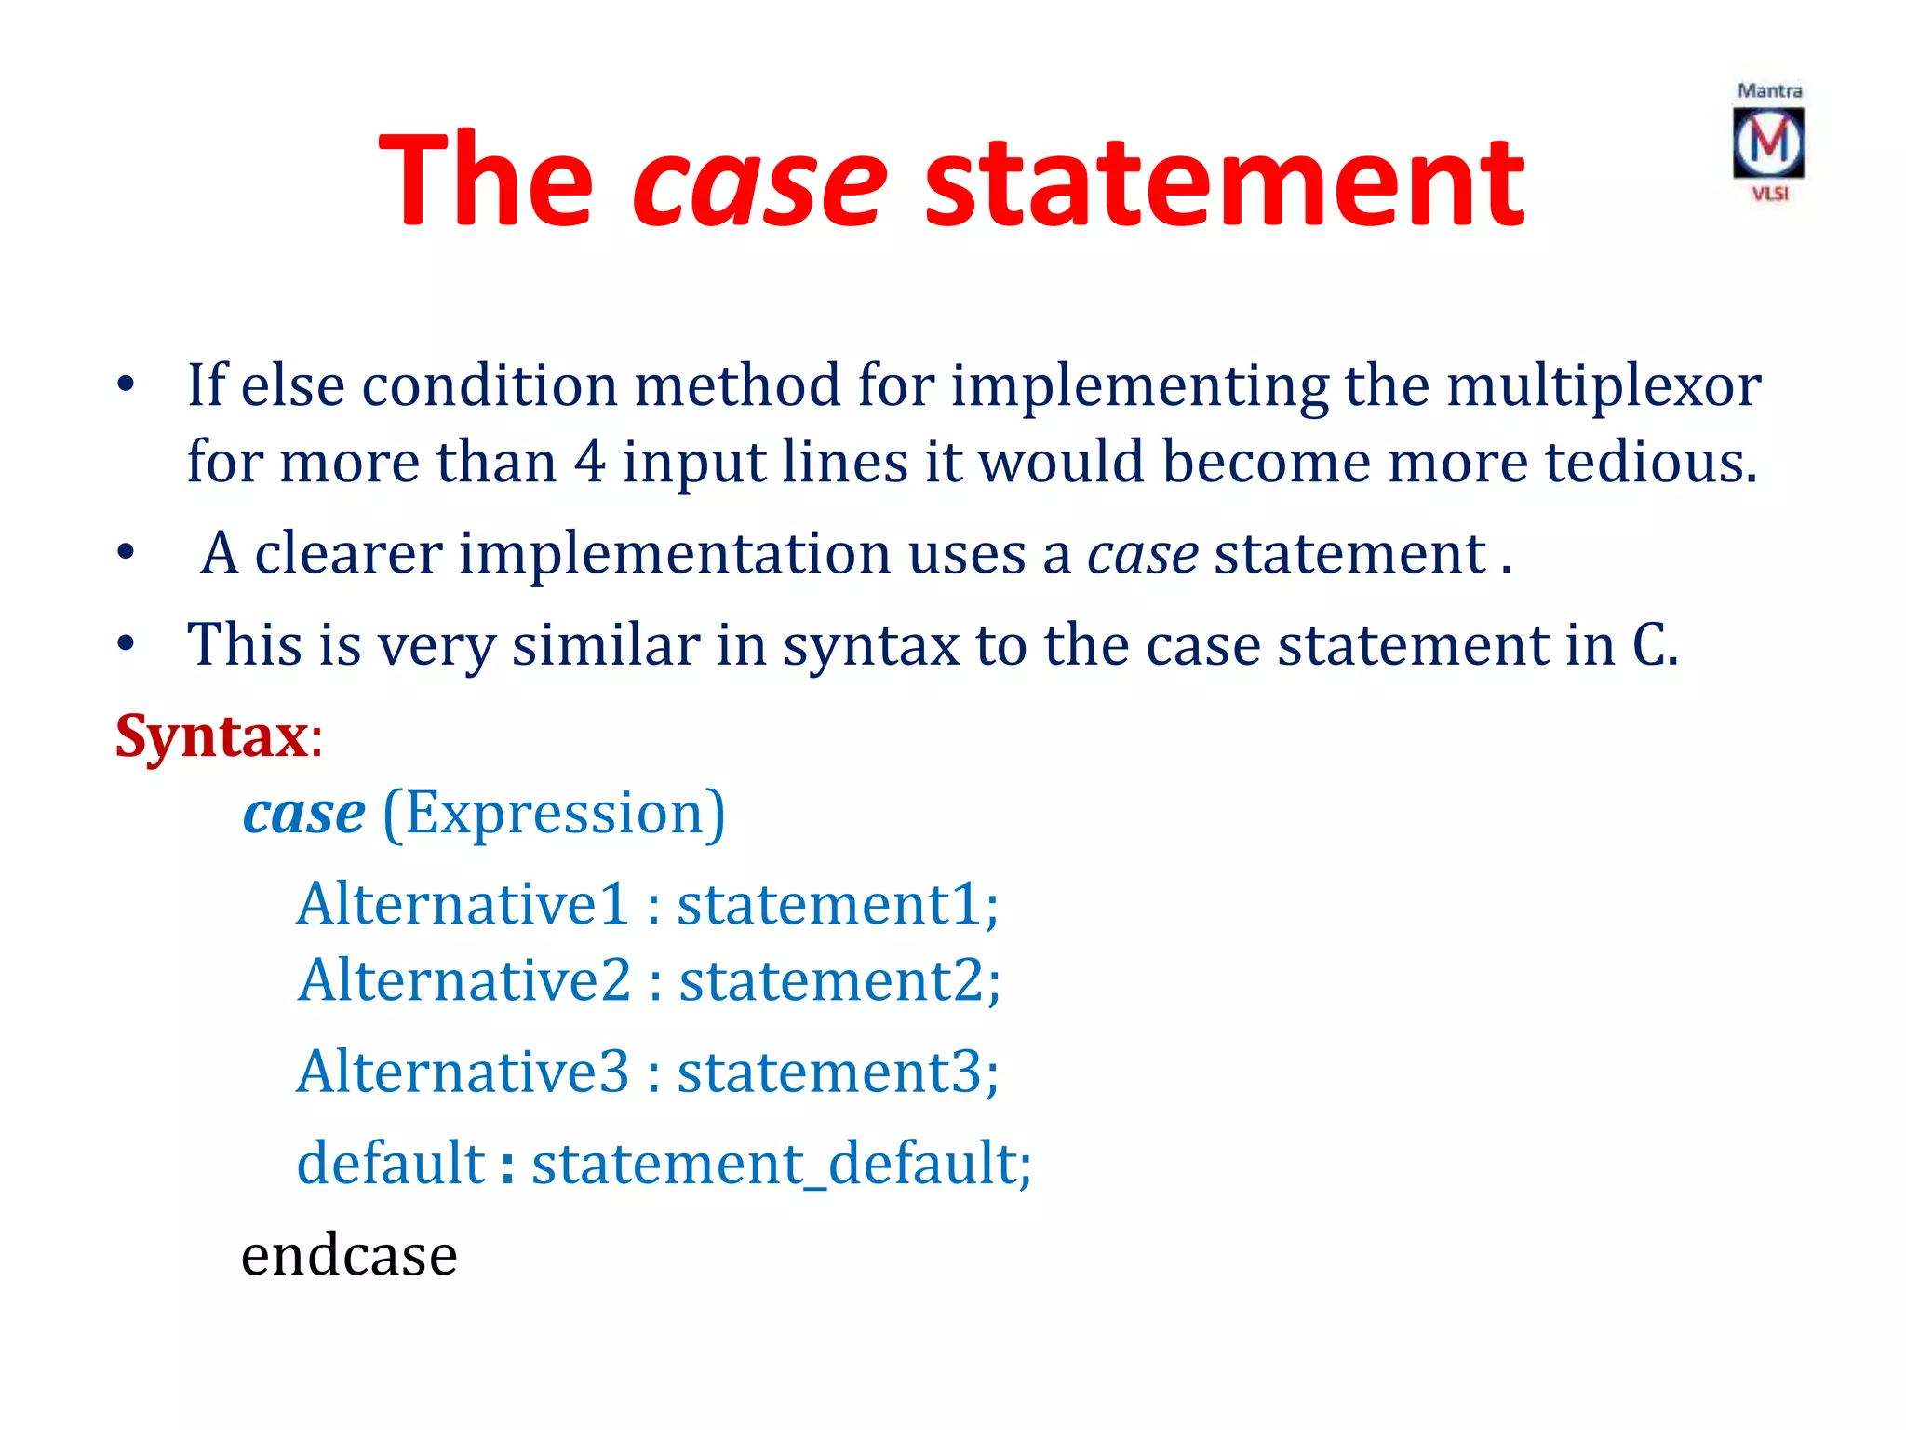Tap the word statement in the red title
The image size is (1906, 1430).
[1224, 182]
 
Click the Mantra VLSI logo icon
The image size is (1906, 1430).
[1768, 142]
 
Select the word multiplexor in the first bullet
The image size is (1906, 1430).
[1603, 385]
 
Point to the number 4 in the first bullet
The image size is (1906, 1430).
[588, 462]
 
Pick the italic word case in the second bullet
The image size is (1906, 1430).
[1142, 554]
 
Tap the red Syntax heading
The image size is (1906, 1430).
[212, 735]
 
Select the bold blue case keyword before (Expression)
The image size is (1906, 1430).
[304, 814]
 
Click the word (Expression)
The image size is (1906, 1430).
[554, 814]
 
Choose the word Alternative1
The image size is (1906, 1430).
[463, 904]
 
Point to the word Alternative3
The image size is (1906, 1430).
[463, 1072]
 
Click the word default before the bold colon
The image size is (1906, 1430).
[391, 1164]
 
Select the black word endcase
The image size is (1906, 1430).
[349, 1256]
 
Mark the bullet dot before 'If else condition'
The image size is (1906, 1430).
[126, 385]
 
